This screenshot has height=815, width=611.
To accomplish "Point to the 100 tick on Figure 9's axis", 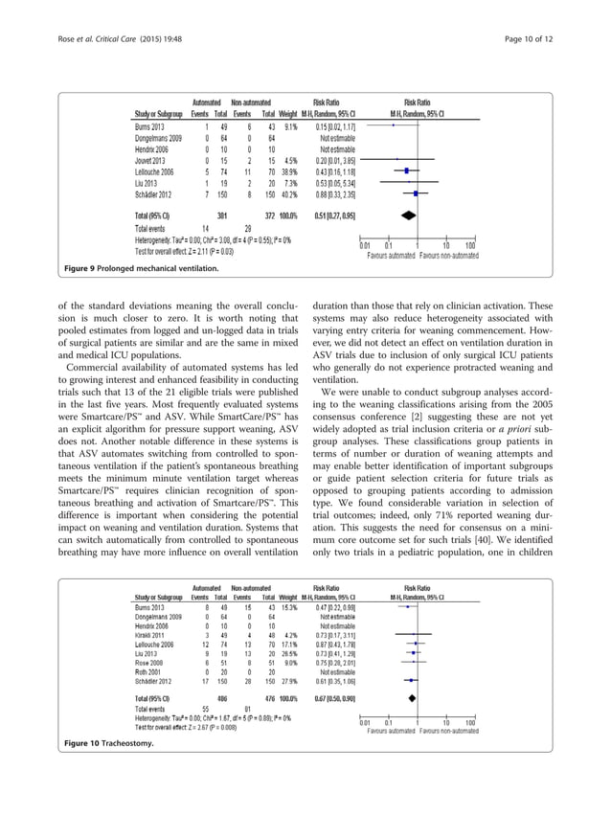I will tap(470, 247).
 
